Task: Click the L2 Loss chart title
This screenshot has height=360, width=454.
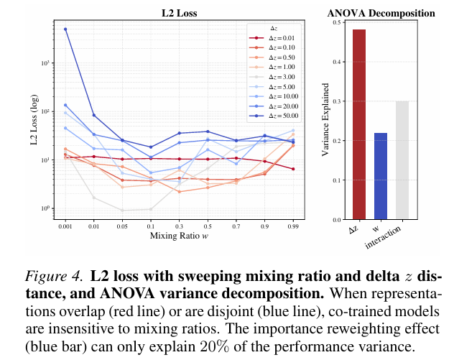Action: (x=180, y=13)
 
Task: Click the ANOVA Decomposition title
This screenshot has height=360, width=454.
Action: (x=381, y=13)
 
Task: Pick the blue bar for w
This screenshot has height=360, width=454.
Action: (x=380, y=175)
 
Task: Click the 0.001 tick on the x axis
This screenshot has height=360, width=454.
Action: (x=65, y=225)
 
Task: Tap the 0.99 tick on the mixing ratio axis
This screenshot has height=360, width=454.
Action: (x=293, y=225)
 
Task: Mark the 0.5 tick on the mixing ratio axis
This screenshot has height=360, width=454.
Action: (x=208, y=225)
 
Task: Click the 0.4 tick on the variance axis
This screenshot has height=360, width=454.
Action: (x=338, y=62)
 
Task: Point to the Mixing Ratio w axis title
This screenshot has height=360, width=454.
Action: (x=179, y=235)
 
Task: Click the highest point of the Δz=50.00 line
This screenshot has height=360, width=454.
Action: (x=65, y=29)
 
